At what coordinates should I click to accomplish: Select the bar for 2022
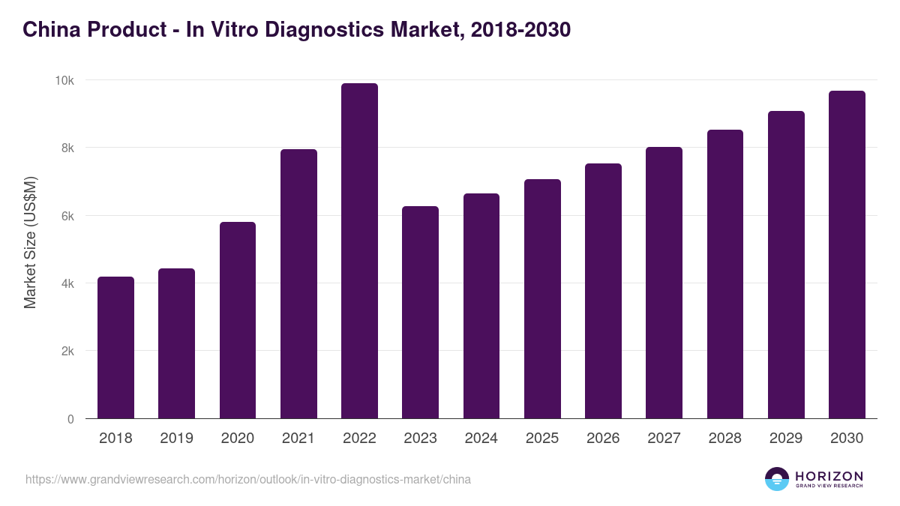pos(359,251)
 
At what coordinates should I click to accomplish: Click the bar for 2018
pos(115,348)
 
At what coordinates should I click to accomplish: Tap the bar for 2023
pos(420,313)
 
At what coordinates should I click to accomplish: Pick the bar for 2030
pos(847,255)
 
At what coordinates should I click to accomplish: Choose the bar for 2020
pos(238,320)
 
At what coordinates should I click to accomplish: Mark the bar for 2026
pos(603,291)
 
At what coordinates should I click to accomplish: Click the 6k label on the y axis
pos(67,216)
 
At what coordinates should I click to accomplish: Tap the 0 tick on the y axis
pos(70,419)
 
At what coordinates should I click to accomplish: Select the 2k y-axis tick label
pos(67,352)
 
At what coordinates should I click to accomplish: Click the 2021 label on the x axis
pos(298,439)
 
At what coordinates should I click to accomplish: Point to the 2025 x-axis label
pos(542,439)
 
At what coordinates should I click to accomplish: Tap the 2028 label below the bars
pos(725,439)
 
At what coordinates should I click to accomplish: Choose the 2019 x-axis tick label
pos(176,439)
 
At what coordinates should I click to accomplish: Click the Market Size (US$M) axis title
pos(30,242)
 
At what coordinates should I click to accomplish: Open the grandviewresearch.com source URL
pos(248,479)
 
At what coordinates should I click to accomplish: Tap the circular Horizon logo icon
pos(777,479)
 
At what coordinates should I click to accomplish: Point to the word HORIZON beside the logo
pos(829,476)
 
